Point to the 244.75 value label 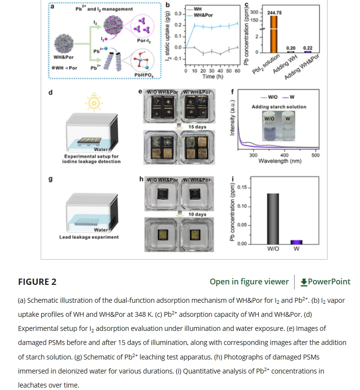click(274, 13)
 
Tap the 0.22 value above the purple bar click(308, 48)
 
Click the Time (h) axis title click(212, 77)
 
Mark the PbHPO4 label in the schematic click(144, 75)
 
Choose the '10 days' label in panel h click(197, 214)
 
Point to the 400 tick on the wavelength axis click(284, 155)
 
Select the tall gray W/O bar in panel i click(273, 218)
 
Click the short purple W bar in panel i click(296, 241)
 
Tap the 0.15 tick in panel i click(243, 187)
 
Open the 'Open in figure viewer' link click(249, 281)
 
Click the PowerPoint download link click(325, 281)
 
